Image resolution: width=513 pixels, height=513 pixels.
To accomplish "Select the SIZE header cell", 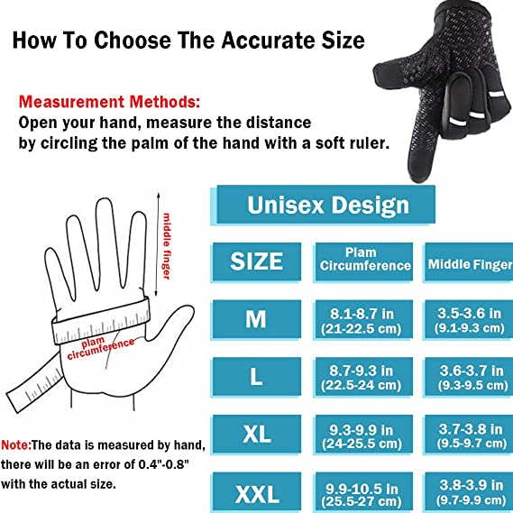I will [x=257, y=261].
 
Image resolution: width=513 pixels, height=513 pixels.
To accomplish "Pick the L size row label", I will [x=257, y=376].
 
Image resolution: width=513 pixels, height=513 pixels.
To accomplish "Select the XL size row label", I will [x=257, y=435].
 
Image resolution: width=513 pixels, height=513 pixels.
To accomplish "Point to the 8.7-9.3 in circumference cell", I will [x=365, y=377].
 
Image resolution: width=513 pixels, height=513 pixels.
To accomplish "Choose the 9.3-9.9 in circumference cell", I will [x=365, y=435].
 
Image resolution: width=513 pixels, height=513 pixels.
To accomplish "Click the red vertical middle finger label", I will [x=168, y=244].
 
